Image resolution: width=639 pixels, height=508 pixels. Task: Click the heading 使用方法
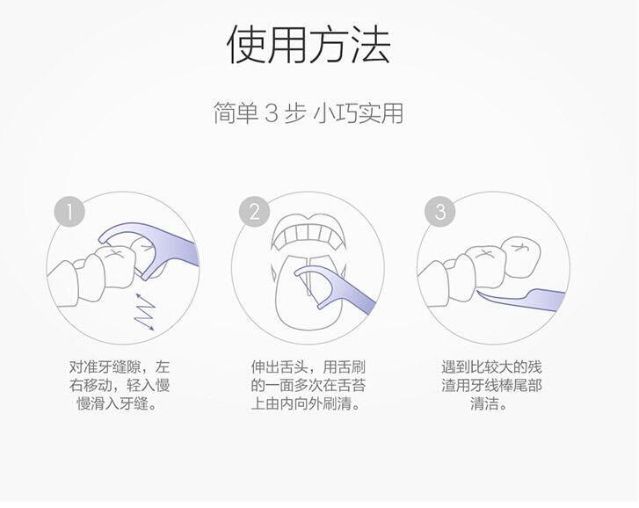[309, 44]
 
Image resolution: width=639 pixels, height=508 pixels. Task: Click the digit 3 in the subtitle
[272, 112]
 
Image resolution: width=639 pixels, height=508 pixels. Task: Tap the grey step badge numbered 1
[69, 212]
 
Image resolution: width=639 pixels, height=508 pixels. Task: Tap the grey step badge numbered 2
[254, 212]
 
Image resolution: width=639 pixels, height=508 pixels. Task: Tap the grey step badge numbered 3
[439, 212]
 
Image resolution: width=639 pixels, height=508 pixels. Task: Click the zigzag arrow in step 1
[145, 311]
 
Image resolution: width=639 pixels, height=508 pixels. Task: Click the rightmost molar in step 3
[522, 258]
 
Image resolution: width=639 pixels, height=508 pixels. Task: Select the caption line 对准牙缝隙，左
[119, 367]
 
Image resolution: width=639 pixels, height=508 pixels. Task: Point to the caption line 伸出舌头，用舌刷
[309, 367]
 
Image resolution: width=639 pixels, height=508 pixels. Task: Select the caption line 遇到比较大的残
[491, 367]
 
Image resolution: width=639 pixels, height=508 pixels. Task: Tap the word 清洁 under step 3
[484, 403]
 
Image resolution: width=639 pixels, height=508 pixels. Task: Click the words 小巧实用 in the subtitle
[359, 112]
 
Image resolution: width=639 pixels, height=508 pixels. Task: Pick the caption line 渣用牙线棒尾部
[491, 385]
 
